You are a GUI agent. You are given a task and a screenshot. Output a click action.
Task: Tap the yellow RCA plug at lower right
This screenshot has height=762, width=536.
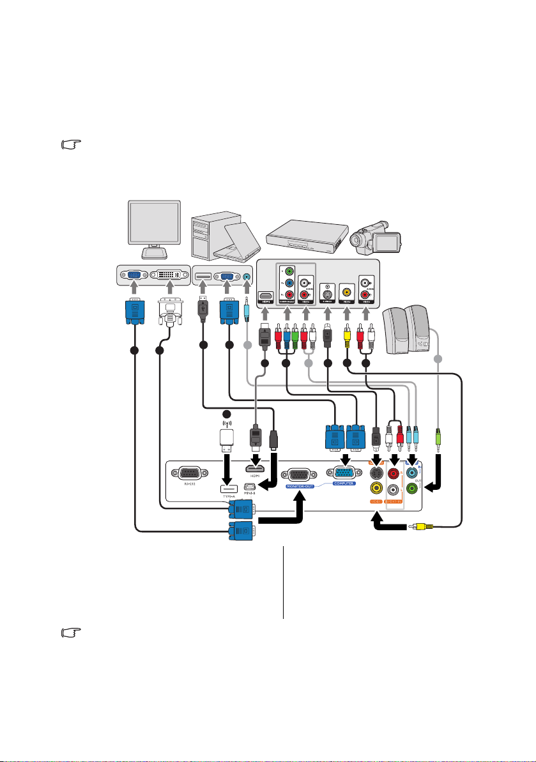[x=423, y=527]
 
